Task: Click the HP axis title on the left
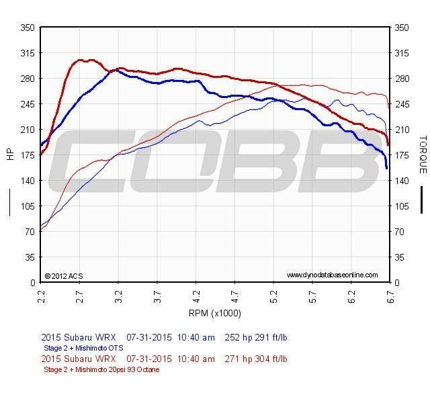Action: pyautogui.click(x=10, y=154)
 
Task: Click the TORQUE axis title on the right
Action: pyautogui.click(x=423, y=154)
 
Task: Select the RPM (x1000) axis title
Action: pyautogui.click(x=216, y=313)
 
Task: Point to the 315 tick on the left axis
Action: pyautogui.click(x=28, y=53)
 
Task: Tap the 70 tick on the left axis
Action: pyautogui.click(x=30, y=232)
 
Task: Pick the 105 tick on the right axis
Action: pyautogui.click(x=403, y=206)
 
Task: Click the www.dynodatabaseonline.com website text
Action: pyautogui.click(x=332, y=275)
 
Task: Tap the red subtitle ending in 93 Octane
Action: pyautogui.click(x=101, y=369)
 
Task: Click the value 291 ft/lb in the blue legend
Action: pyautogui.click(x=269, y=337)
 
